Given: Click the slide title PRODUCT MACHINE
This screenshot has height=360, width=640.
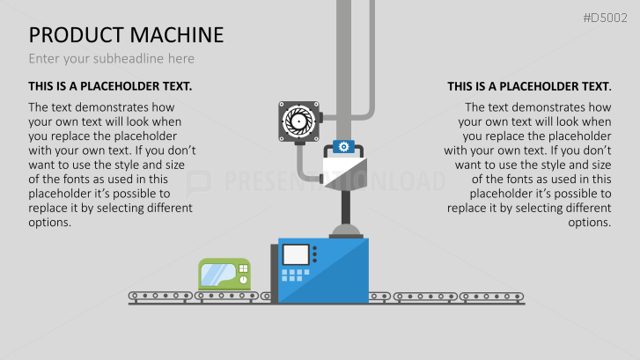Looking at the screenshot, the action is pos(126,34).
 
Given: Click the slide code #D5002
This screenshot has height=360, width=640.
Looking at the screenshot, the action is pos(605,18).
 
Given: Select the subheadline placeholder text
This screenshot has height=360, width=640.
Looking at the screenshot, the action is pos(112,59).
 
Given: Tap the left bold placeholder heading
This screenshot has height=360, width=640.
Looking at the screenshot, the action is pos(110,86).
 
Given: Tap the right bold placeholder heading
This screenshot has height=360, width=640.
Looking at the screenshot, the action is pos(529,86).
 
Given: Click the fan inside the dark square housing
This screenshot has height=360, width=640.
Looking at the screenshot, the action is pos(298,121).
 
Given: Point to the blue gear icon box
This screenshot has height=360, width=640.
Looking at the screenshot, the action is pos(343,146).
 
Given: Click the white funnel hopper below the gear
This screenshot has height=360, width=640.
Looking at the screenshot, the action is pos(345,173).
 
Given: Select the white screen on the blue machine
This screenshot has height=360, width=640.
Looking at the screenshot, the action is pos(296,254).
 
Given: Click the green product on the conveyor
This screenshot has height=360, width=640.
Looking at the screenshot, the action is pos(224,274).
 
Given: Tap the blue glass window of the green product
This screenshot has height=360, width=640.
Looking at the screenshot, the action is pos(219,275).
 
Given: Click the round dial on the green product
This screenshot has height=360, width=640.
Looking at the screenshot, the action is pos(243,280).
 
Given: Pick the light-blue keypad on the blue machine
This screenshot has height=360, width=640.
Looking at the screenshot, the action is pos(296,276).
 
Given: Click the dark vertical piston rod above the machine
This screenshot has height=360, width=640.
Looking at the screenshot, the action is pos(346,207).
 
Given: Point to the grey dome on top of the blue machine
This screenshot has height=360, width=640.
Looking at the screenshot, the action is pos(346,231).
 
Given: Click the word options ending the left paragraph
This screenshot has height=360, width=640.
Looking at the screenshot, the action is pos(50,223).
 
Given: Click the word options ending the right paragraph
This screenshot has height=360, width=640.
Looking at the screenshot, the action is pos(590,223).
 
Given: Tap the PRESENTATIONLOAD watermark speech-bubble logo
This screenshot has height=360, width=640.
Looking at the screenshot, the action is pos(199,182).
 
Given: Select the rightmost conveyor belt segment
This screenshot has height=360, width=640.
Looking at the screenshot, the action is pos(491,297).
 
